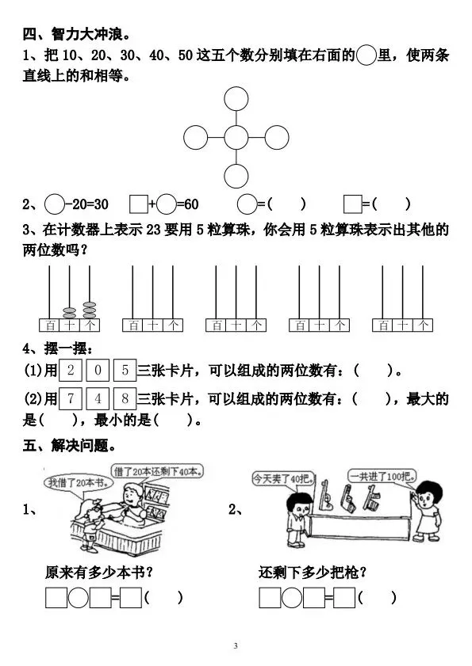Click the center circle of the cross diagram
click(x=236, y=126)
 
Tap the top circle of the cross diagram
click(x=236, y=87)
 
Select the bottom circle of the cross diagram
click(x=236, y=165)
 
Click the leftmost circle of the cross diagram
click(x=184, y=138)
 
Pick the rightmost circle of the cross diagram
click(x=289, y=138)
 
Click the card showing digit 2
click(x=71, y=370)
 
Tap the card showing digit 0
click(x=98, y=370)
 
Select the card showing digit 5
click(x=125, y=370)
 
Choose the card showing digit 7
click(x=71, y=398)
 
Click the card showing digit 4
click(x=98, y=398)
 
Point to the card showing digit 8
click(x=125, y=398)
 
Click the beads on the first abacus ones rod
click(x=90, y=310)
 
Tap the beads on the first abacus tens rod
click(x=69, y=313)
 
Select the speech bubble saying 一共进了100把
click(x=382, y=476)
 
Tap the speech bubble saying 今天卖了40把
click(x=283, y=478)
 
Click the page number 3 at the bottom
click(x=236, y=646)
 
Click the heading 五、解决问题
click(x=70, y=446)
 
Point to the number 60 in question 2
click(x=191, y=204)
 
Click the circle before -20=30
click(x=44, y=204)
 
